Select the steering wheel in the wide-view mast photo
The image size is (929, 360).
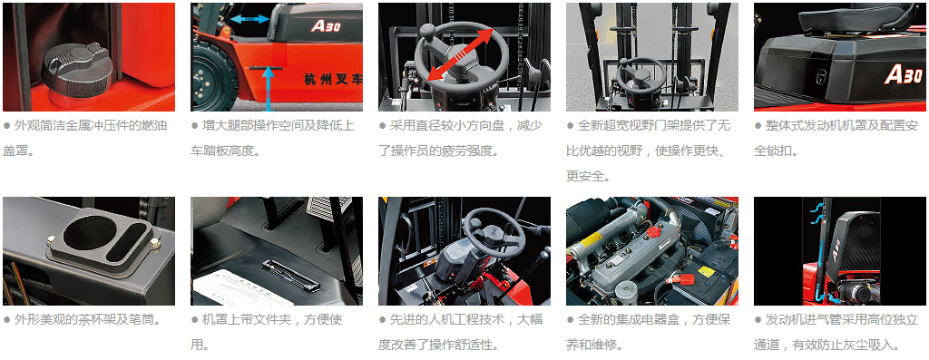[640, 69]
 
